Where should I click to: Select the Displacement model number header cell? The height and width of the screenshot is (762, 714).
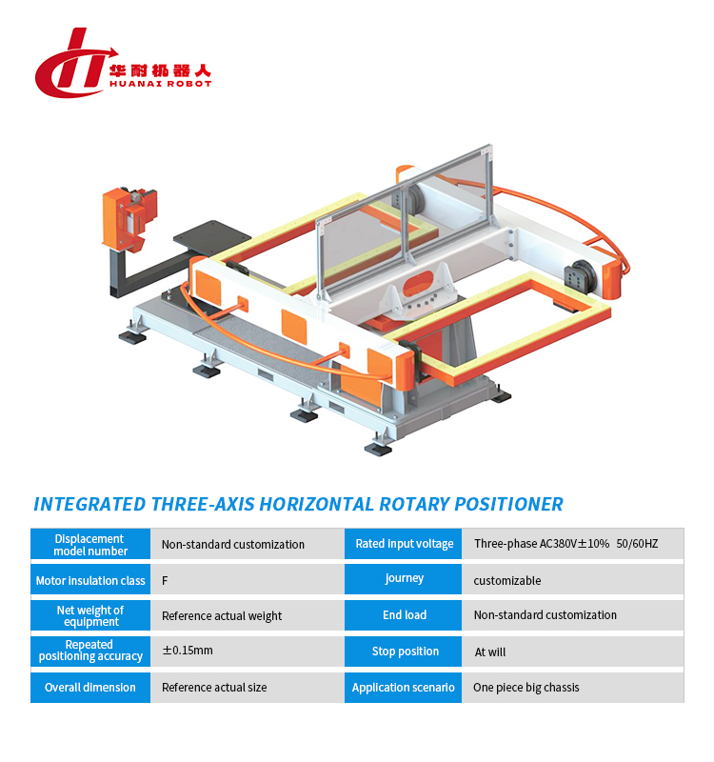coord(90,544)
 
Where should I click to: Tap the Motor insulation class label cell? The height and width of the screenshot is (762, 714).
coord(90,580)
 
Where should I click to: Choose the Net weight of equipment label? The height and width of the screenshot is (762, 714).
coord(90,615)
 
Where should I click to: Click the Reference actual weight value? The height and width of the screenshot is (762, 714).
coord(222,616)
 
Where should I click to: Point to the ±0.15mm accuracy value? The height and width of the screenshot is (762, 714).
coord(188,652)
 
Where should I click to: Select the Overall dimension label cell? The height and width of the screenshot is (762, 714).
coord(90,687)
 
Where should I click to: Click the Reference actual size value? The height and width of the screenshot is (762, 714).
coord(214,688)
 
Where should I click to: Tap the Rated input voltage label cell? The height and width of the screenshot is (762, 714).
coord(404,544)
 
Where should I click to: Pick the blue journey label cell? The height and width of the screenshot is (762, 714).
coord(404,579)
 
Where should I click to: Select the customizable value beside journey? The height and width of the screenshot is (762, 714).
coord(507,580)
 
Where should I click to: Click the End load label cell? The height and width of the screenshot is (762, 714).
coord(404,615)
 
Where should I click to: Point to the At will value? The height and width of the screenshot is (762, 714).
coord(490,652)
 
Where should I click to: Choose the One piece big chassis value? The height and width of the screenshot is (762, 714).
coord(526,688)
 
